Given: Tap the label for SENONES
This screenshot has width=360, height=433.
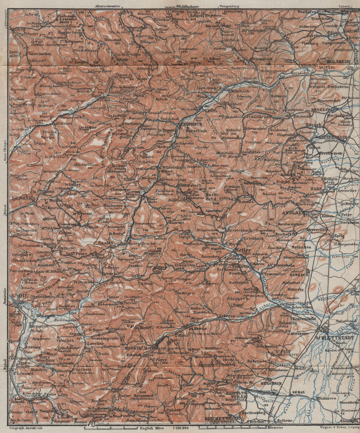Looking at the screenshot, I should click(22, 198).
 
